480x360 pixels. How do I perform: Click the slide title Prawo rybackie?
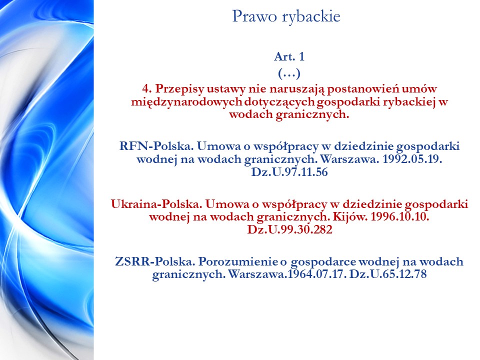286,16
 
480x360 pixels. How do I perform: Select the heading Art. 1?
289,56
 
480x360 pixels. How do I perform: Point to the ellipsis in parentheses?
289,73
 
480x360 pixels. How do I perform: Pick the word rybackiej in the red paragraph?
409,102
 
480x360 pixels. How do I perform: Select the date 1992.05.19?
412,159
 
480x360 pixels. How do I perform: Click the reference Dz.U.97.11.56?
289,172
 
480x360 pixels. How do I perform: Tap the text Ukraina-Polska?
156,204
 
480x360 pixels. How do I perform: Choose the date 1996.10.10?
400,217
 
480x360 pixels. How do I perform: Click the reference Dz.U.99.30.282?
289,229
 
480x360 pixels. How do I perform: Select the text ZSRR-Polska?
155,261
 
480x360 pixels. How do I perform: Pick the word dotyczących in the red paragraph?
280,102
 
